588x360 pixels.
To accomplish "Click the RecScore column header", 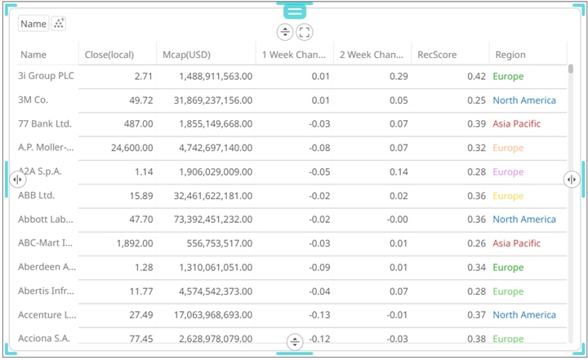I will tap(437, 55).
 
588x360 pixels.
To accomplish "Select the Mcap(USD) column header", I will tap(187, 55).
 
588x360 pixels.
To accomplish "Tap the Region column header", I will tap(510, 55).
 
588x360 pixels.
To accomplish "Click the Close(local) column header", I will tap(109, 55).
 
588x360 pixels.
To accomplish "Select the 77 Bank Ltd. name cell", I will tap(45, 124).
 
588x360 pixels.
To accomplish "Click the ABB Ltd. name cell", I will tap(36, 196).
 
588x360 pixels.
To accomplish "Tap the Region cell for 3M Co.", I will tap(523, 100).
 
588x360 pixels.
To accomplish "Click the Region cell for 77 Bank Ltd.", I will tap(516, 124).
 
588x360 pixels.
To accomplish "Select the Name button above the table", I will tap(33, 24).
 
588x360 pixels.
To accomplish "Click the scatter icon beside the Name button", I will tap(59, 24).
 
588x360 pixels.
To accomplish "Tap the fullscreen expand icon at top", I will tap(304, 32).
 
